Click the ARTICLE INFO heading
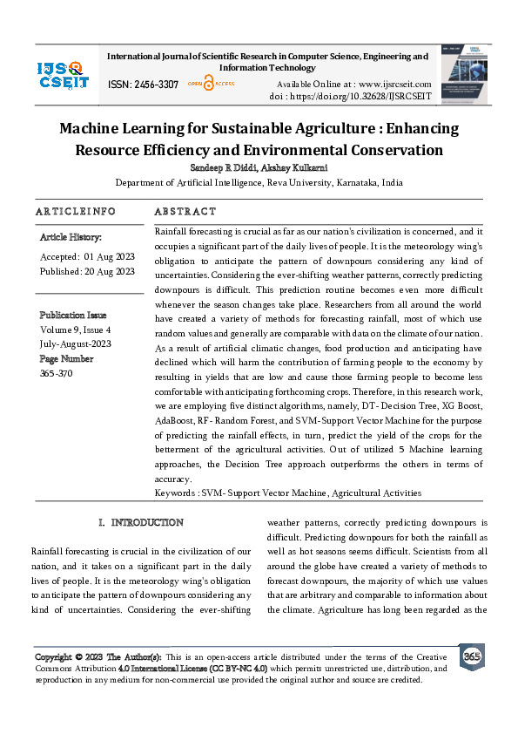76,212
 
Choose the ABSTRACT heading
185,212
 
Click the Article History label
71,237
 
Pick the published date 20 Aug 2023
109,271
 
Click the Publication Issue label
73,315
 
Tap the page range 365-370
57,373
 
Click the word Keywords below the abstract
174,493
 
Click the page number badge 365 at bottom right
471,656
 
